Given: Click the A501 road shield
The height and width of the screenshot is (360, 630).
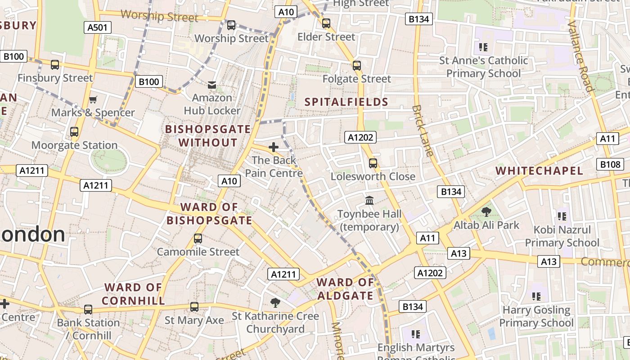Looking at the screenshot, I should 97,27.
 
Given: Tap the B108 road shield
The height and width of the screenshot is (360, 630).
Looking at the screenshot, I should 610,164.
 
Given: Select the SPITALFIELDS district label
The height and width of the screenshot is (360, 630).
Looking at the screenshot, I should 346,102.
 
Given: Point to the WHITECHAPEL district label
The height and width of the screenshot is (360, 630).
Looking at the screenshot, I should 539,171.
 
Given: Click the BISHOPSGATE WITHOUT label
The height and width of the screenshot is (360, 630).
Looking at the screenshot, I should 207,136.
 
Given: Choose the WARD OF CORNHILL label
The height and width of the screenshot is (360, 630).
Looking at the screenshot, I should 133,294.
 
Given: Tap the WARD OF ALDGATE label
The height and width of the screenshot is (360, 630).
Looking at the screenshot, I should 345,289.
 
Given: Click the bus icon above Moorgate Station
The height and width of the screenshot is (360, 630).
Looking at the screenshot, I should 74,132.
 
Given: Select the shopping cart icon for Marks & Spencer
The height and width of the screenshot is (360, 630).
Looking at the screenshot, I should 93,99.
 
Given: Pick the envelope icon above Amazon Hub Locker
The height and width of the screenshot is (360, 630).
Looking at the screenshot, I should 212,85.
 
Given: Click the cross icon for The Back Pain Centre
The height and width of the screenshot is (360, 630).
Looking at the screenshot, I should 273,147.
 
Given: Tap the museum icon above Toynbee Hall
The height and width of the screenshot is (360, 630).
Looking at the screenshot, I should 369,200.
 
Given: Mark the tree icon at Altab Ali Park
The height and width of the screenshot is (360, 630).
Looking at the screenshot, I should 486,211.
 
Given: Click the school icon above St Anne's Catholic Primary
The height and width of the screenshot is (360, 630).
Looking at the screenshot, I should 483,47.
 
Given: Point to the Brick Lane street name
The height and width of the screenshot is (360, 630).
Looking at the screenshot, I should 423,130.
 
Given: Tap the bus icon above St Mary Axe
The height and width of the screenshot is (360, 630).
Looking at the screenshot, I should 194,307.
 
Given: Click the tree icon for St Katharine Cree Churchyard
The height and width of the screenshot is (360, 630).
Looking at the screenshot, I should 275,303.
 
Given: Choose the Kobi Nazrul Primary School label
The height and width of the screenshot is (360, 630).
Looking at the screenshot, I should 562,236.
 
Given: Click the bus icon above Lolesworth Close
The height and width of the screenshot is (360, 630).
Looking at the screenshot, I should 373,163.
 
